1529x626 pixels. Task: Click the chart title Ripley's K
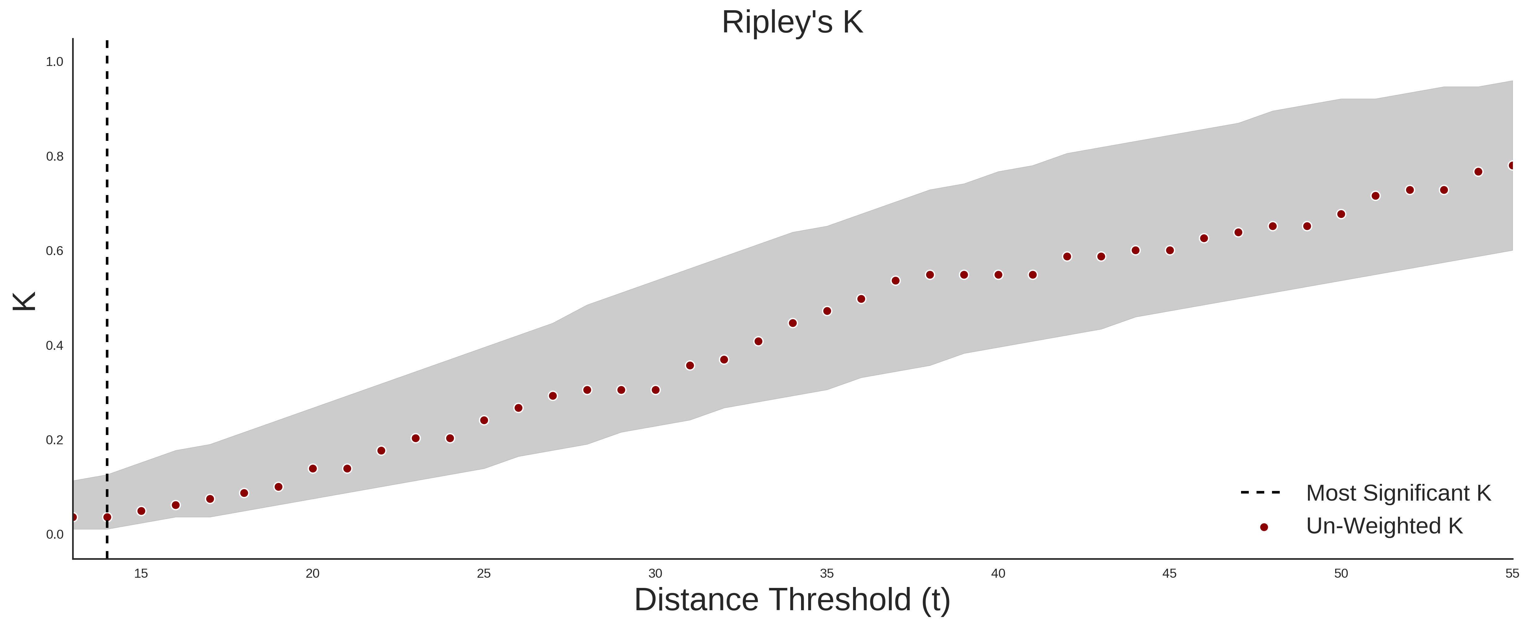click(792, 23)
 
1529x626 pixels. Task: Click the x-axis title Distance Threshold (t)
click(792, 600)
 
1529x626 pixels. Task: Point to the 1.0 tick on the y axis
click(54, 62)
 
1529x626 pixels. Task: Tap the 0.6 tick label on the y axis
click(54, 251)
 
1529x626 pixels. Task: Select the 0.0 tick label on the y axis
click(54, 535)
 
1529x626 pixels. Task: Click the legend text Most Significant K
click(1398, 493)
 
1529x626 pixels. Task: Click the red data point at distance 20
click(313, 469)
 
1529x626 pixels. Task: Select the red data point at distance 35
click(827, 311)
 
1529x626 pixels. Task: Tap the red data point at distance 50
click(1341, 214)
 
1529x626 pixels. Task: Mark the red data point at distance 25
click(484, 420)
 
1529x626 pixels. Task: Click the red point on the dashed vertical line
click(107, 517)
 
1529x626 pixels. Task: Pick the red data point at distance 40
click(998, 275)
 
